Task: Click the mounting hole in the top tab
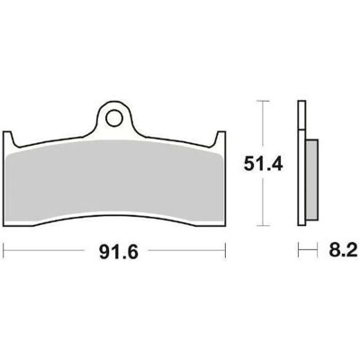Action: pos(114,118)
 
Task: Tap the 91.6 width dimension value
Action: pos(119,252)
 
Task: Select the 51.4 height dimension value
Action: pos(263,164)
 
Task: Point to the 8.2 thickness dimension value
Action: pos(343,250)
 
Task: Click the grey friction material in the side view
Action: pos(311,178)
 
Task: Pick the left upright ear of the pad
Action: pos(8,139)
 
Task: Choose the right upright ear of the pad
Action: pos(220,139)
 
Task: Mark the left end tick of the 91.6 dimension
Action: pos(3,250)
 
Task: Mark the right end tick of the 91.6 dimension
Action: pos(225,250)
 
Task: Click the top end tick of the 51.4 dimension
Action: pos(263,101)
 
